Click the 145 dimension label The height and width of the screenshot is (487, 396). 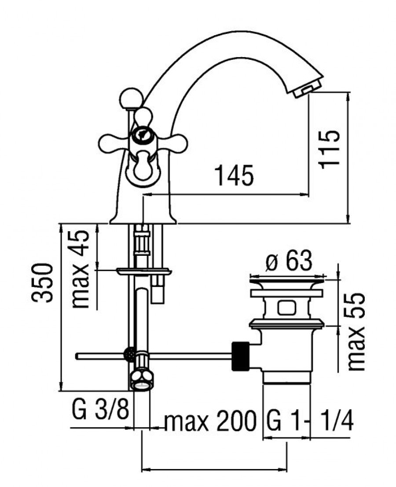pyautogui.click(x=235, y=175)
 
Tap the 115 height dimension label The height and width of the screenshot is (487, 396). pyautogui.click(x=330, y=149)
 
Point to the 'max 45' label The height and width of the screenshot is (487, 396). pyautogui.click(x=80, y=269)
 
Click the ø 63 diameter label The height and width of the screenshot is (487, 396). pyautogui.click(x=289, y=261)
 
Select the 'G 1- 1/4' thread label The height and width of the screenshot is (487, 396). pyautogui.click(x=310, y=421)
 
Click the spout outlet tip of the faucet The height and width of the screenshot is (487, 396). pyautogui.click(x=306, y=91)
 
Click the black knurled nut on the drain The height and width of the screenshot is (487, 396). pyautogui.click(x=241, y=356)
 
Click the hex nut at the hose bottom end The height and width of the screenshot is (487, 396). pyautogui.click(x=142, y=381)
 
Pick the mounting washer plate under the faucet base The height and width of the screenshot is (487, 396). pyautogui.click(x=144, y=272)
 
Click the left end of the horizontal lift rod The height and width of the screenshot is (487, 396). pyautogui.click(x=77, y=356)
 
